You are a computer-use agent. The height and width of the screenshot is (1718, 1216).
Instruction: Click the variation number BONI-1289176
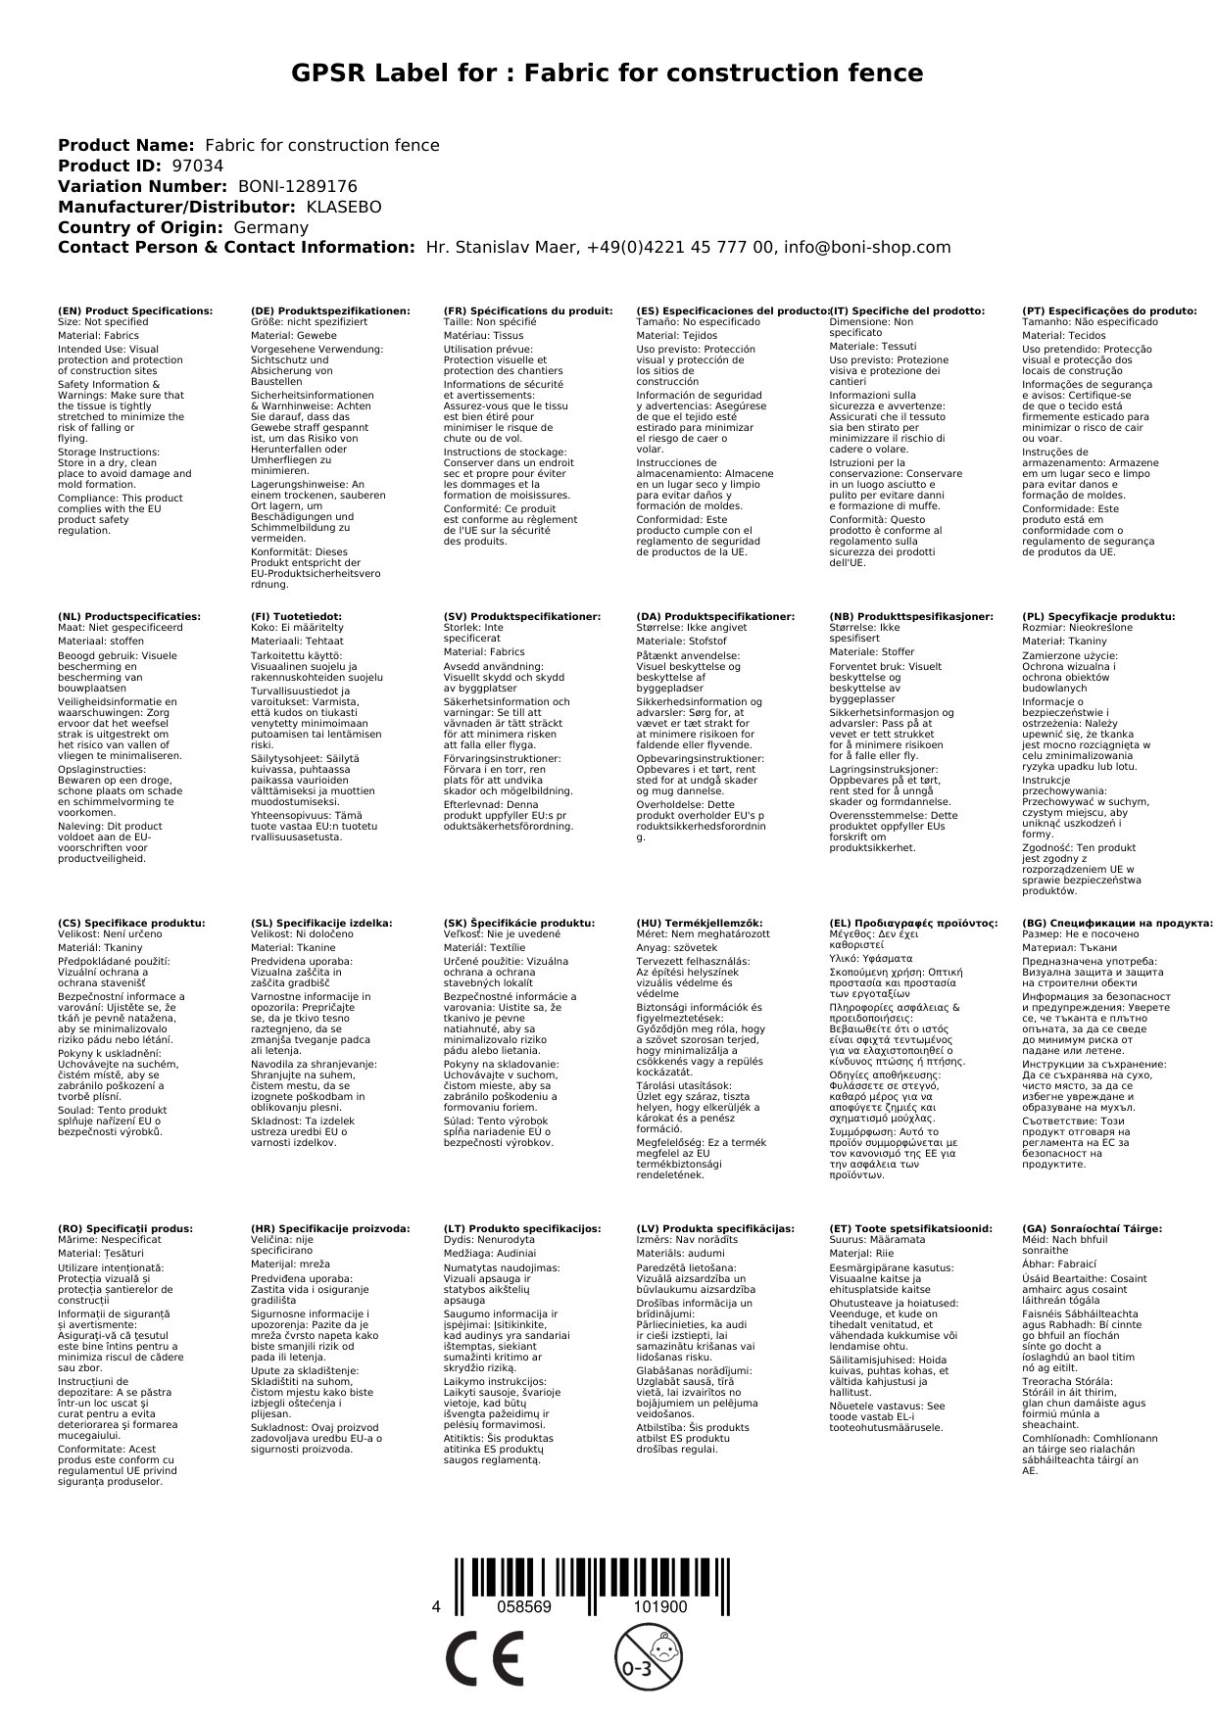click(297, 186)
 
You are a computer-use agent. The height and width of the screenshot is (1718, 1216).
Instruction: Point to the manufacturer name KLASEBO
click(343, 207)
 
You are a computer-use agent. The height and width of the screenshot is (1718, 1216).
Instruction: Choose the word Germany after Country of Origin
click(270, 227)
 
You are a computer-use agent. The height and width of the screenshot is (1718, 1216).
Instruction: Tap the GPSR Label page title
click(608, 73)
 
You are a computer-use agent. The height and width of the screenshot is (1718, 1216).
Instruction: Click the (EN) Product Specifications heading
click(135, 310)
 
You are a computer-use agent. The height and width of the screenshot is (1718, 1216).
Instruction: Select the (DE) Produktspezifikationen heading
click(330, 310)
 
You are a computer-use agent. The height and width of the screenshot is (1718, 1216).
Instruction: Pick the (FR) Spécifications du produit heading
click(528, 310)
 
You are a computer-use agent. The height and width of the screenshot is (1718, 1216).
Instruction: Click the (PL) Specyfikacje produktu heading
click(1098, 617)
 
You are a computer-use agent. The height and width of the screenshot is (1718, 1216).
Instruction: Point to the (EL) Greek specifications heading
click(913, 923)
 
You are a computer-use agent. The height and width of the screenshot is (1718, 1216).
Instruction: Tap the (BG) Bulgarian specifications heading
click(1117, 923)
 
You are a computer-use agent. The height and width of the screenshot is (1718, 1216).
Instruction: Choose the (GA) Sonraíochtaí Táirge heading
click(1092, 1228)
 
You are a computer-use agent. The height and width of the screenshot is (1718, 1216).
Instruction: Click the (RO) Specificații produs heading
click(125, 1228)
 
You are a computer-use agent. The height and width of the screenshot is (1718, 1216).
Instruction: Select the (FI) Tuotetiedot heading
click(297, 617)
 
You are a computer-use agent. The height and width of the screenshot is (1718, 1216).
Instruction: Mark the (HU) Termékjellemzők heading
click(702, 923)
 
